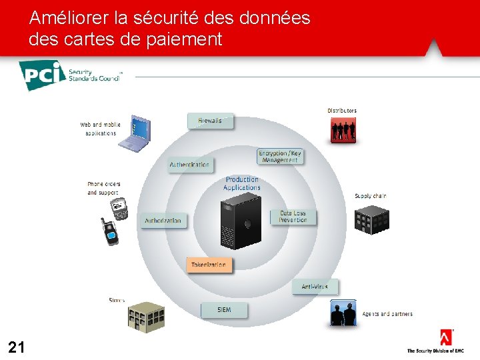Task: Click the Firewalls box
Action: pos(210,121)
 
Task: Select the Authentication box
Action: pos(190,165)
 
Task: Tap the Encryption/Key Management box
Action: pos(280,157)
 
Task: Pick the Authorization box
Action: pos(163,221)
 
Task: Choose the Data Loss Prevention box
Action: pos(293,217)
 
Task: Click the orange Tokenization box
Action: pos(209,265)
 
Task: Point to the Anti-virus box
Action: pos(315,287)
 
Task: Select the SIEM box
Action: pos(224,310)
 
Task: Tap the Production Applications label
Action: pos(242,183)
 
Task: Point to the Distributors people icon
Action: pos(343,130)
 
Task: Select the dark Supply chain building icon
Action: pos(371,219)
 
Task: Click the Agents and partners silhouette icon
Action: pos(343,313)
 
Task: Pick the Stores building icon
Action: pos(146,315)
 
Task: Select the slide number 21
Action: pos(17,347)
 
